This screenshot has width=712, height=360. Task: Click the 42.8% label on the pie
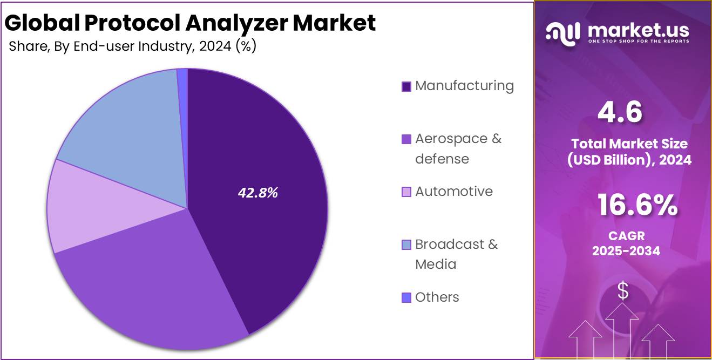257,193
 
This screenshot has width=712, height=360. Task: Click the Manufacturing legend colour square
406,86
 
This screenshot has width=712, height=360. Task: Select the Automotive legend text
453,192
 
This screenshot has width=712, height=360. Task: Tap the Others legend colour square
406,297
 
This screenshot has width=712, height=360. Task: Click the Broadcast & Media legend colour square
406,245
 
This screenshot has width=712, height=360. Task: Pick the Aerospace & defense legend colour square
406,139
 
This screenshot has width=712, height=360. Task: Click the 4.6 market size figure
620,113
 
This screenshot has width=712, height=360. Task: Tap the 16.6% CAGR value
637,206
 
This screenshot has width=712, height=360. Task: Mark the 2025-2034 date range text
626,251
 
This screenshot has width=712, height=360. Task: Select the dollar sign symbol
623,291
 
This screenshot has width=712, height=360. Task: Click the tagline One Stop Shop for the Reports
638,42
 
